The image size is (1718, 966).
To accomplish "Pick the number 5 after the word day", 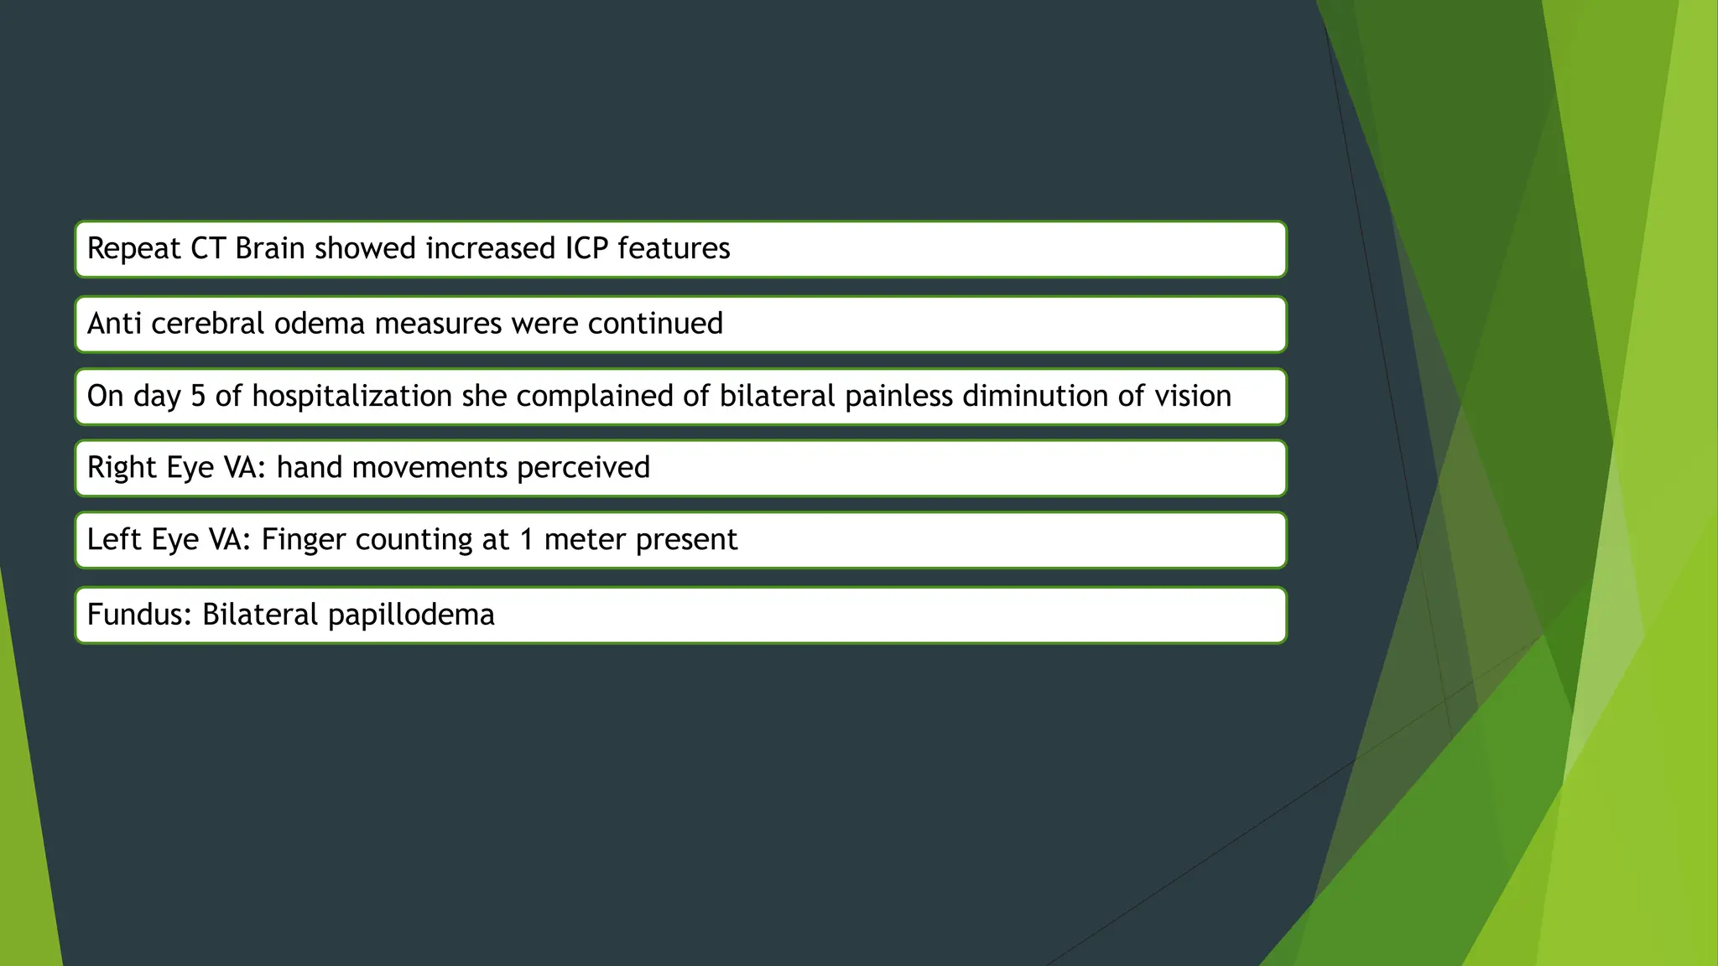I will point(198,396).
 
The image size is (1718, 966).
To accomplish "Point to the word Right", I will point(122,468).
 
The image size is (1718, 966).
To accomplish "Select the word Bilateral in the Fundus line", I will point(261,615).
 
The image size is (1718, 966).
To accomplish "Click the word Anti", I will point(115,324).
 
